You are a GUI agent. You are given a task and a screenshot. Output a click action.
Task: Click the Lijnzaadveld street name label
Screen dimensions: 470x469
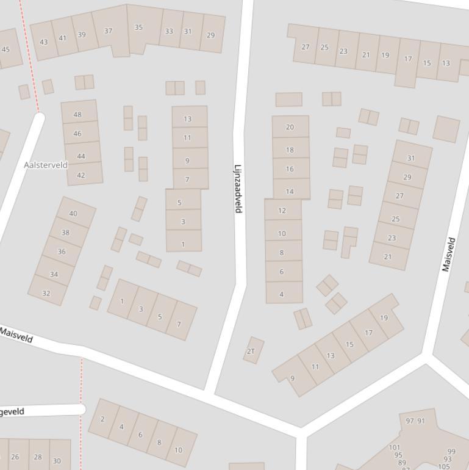[238, 189]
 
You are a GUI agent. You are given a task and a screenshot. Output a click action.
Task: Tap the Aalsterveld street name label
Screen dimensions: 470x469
[46, 165]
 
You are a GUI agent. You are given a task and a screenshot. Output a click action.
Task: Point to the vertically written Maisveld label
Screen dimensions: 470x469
[449, 255]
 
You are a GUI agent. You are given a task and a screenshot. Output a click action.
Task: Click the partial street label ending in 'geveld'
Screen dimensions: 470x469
[12, 412]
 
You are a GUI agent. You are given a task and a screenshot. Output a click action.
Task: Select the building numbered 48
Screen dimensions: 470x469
[77, 114]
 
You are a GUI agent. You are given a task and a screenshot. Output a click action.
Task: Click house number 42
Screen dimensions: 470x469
[81, 175]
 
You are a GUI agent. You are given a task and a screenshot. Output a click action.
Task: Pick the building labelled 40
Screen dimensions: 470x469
[74, 213]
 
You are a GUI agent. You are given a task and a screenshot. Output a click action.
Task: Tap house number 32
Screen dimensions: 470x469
[46, 293]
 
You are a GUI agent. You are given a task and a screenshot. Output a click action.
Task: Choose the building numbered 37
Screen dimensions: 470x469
[109, 31]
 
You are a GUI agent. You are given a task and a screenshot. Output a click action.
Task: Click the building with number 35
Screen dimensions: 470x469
[138, 27]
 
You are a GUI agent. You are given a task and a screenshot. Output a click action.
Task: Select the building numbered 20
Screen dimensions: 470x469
[290, 127]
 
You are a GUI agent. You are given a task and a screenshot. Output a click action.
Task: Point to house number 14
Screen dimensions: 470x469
[290, 191]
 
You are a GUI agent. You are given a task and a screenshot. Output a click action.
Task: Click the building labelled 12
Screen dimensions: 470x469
[282, 211]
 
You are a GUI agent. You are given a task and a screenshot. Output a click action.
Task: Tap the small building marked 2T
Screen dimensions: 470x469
[251, 351]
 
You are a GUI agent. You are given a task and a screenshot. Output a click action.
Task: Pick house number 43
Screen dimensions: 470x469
[43, 42]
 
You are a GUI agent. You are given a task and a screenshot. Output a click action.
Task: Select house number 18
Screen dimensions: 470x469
[290, 150]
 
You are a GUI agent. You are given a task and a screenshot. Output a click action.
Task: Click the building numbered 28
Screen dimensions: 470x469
[38, 457]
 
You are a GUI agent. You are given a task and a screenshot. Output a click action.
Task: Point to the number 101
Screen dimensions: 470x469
[395, 447]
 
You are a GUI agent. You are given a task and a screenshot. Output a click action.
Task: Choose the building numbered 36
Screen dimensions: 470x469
[62, 251]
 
